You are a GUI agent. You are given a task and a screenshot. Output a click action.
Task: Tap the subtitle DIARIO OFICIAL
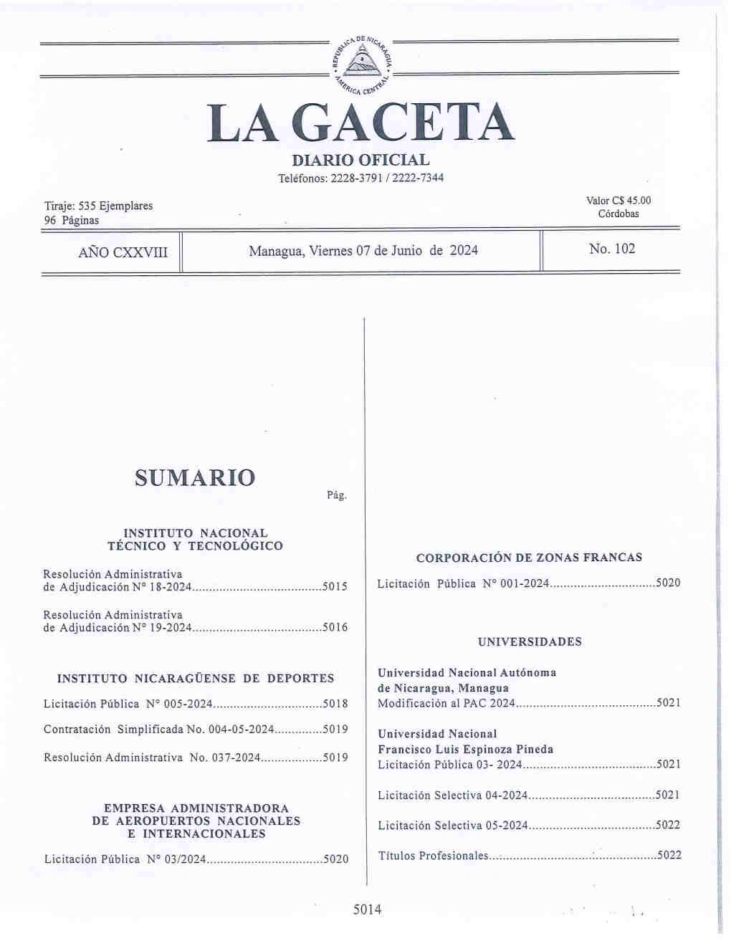[360, 161]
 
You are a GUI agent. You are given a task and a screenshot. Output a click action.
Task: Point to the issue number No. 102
[611, 249]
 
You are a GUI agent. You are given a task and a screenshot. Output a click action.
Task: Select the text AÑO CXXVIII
[123, 252]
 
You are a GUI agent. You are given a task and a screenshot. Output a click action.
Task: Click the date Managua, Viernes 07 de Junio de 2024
[363, 251]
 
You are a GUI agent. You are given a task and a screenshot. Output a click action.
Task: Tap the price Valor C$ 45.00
[618, 201]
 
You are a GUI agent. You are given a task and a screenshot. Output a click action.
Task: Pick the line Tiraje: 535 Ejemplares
[98, 206]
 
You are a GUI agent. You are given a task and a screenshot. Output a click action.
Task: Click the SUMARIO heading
[194, 477]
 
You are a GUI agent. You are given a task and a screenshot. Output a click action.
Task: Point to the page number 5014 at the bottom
[367, 910]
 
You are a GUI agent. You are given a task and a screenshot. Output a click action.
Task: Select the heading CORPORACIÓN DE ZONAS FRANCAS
[529, 558]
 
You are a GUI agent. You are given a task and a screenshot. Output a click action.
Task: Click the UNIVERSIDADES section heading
[530, 642]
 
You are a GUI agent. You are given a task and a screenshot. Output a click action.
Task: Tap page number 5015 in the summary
[335, 587]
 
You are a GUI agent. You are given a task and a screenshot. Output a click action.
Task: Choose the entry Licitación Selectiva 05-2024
[452, 826]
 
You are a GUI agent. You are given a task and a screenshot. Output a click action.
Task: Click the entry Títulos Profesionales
[432, 856]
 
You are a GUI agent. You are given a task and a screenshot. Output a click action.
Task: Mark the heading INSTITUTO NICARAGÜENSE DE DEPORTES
[195, 678]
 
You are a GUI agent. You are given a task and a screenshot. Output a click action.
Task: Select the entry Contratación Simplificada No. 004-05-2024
[158, 730]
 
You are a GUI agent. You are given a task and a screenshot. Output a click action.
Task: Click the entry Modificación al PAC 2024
[446, 704]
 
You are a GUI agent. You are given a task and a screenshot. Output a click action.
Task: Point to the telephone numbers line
[360, 178]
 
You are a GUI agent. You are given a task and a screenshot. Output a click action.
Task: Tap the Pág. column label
[336, 495]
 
